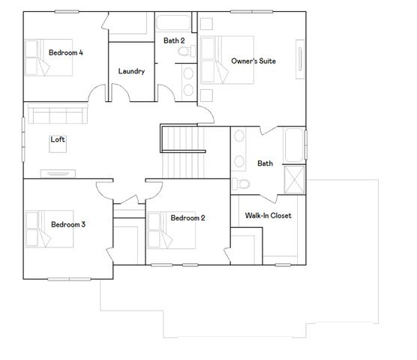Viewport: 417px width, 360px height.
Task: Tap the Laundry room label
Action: tap(131, 71)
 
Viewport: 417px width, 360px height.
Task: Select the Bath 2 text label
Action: tap(174, 40)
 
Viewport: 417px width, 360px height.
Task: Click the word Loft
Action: tap(58, 139)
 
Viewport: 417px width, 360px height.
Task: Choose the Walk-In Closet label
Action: tap(268, 216)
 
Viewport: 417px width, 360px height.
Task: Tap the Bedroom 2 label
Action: tap(187, 218)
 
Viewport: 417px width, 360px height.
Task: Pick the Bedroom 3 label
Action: tap(68, 224)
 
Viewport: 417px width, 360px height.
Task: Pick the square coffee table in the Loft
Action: tap(58, 147)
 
